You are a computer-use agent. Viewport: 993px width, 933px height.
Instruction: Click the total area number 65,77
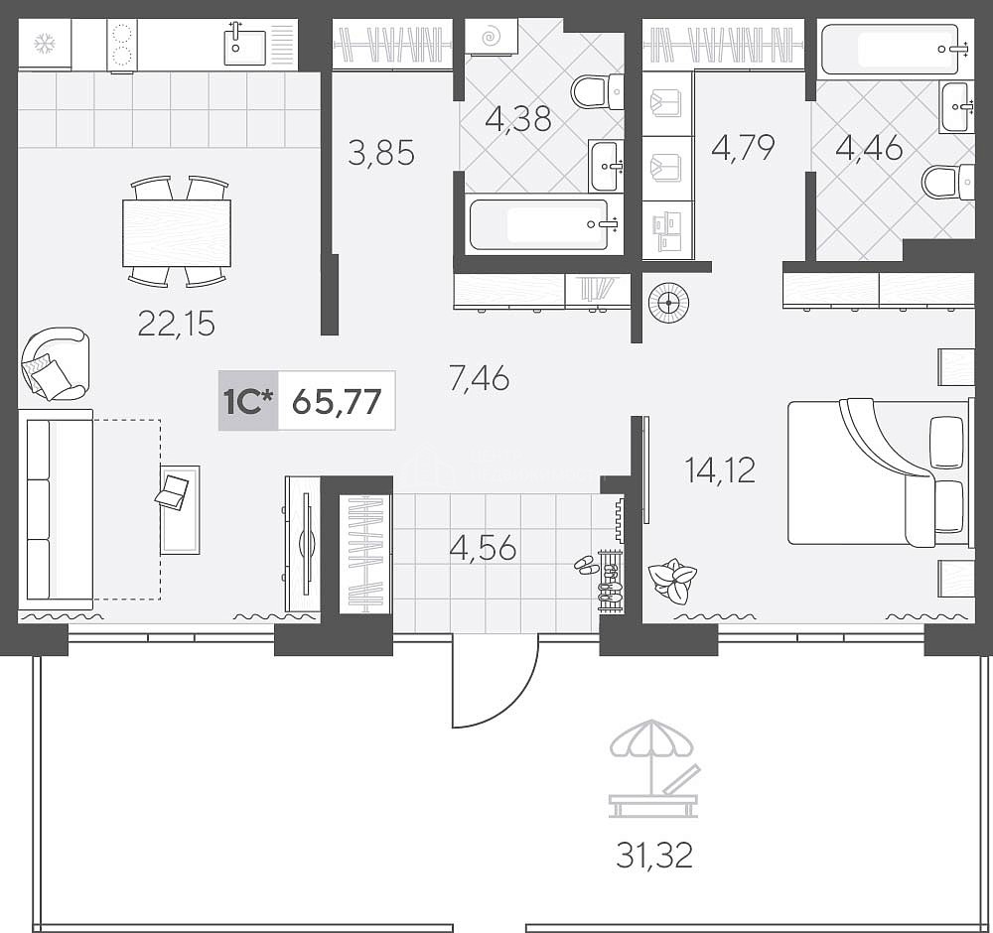click(337, 401)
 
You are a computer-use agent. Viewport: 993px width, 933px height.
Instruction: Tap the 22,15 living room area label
click(176, 325)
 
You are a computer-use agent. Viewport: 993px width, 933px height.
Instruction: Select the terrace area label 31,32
click(654, 856)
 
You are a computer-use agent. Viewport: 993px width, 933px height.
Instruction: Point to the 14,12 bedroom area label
click(720, 470)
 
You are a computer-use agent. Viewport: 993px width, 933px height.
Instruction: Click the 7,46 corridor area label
click(479, 379)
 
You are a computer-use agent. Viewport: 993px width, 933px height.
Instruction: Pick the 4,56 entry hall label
click(483, 548)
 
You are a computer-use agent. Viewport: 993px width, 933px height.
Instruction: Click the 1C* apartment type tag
click(247, 401)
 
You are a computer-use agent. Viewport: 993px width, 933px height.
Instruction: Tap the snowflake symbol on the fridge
click(45, 45)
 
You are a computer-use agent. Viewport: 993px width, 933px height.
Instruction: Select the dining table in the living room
click(177, 233)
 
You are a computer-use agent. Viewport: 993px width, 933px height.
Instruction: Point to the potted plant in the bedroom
click(672, 580)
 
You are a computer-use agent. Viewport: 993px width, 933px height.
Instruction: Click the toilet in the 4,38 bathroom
click(597, 91)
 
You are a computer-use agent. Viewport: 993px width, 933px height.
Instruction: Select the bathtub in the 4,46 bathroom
click(889, 50)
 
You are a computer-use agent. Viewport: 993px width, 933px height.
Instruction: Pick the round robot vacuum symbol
click(668, 303)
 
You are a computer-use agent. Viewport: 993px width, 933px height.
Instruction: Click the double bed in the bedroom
click(878, 471)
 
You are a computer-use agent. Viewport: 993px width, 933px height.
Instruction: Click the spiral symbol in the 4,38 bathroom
click(490, 37)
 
